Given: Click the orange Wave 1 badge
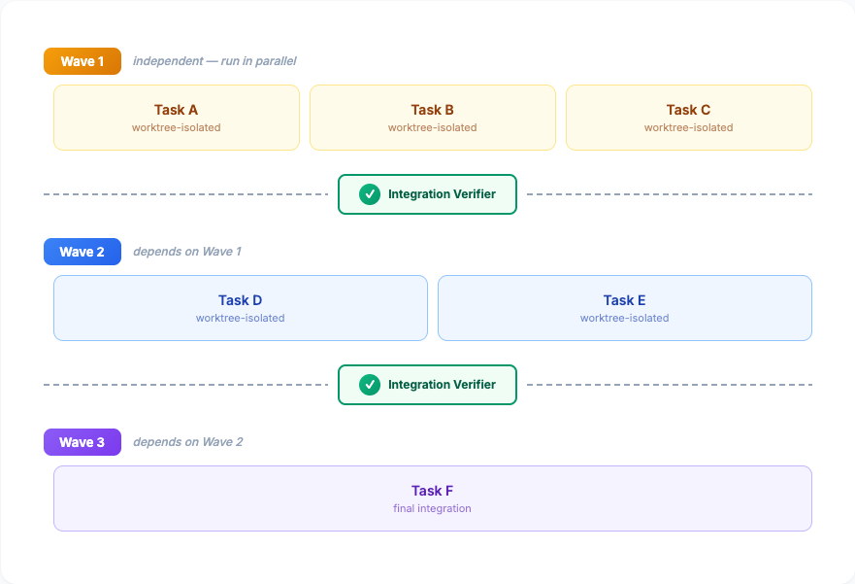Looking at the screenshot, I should (82, 61).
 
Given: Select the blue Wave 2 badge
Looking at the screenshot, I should (82, 252).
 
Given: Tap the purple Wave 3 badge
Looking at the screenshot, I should (82, 442).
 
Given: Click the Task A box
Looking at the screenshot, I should (176, 118).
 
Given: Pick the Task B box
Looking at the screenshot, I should (432, 118).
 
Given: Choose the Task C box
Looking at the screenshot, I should (688, 118).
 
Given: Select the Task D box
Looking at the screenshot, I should (240, 308).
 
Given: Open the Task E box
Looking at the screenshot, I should (624, 308).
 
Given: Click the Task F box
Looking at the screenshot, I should (432, 498).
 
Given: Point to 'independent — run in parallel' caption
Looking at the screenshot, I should (214, 61).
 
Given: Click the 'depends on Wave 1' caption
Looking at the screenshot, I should (187, 252).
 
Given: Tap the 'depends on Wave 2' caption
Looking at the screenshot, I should (188, 442).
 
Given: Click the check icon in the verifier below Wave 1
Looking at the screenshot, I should (370, 194).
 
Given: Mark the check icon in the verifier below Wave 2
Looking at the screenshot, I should (370, 385).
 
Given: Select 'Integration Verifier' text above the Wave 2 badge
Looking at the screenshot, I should (442, 194).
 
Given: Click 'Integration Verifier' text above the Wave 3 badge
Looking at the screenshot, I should (442, 385).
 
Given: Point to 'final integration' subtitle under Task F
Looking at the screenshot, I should (432, 508).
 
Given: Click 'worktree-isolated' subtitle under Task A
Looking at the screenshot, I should (176, 127).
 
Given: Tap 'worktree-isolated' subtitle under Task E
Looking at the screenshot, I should (624, 318).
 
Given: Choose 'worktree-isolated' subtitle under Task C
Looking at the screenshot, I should (688, 127).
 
